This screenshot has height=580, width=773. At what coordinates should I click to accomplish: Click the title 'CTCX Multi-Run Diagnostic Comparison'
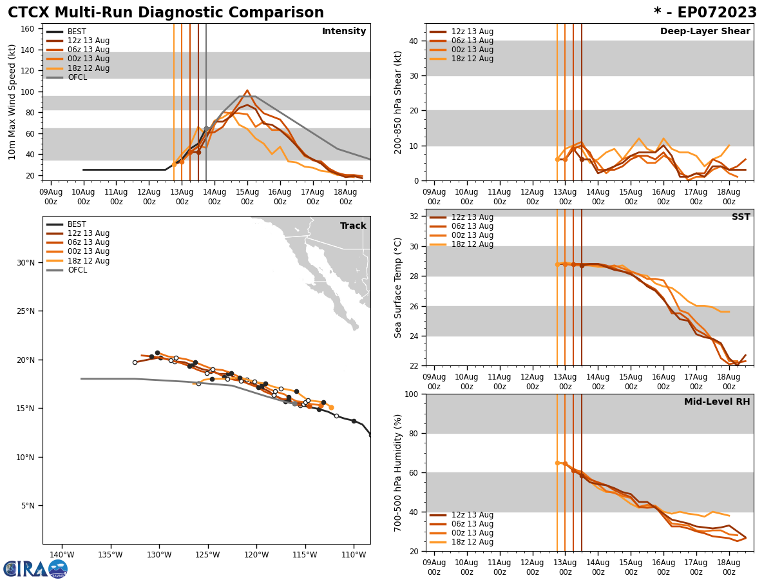pos(166,13)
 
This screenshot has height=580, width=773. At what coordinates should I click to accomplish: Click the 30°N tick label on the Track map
pos(25,262)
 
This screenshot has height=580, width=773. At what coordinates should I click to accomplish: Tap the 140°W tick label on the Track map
pos(62,555)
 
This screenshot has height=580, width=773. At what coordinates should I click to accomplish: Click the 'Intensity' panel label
pos(344,32)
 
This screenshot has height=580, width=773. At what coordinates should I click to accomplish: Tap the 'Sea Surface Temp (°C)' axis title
pos(398,287)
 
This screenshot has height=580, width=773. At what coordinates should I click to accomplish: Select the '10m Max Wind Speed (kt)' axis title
pos(12,102)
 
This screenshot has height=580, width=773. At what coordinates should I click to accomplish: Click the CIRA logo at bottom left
pos(35,568)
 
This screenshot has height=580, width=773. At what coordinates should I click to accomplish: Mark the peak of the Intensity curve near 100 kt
pos(247,90)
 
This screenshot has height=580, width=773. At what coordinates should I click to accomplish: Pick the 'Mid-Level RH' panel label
pos(717,402)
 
